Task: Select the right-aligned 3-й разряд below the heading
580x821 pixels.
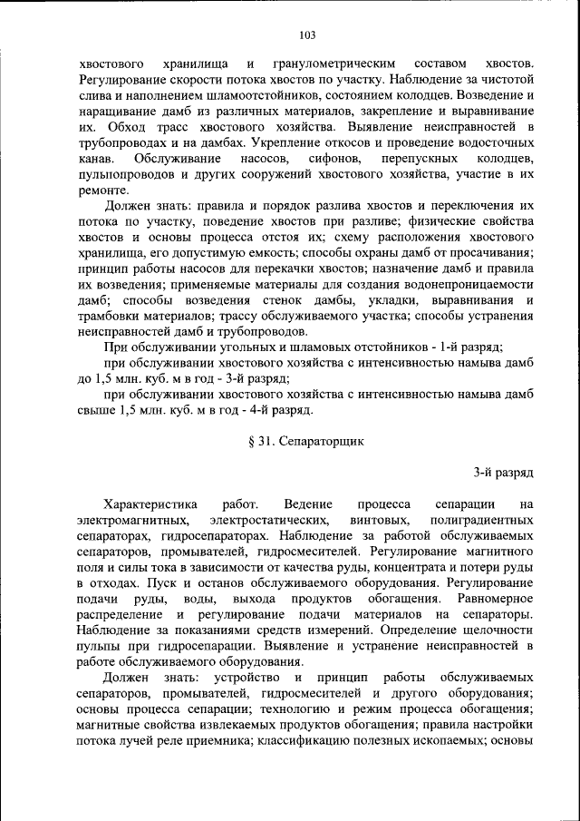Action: point(504,473)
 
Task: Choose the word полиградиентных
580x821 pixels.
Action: point(485,519)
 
